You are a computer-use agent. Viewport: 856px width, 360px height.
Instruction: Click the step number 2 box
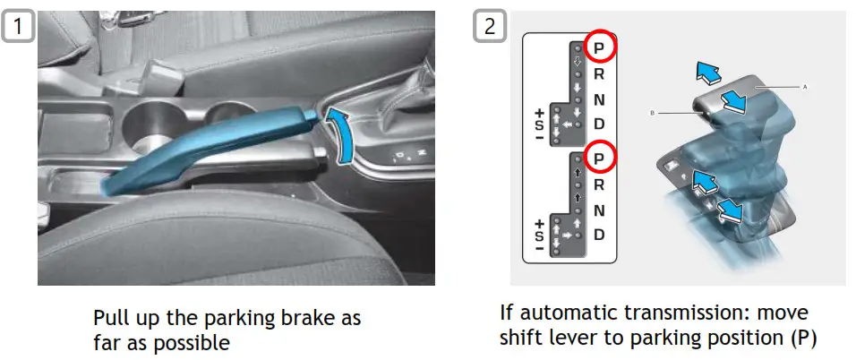(x=489, y=26)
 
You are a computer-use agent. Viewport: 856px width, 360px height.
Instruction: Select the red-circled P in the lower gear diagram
(x=600, y=159)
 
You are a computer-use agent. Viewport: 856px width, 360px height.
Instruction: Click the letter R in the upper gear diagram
(x=600, y=75)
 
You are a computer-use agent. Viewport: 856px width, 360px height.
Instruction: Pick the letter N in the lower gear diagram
(x=600, y=210)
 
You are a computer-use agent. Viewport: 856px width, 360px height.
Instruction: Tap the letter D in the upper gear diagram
(x=600, y=124)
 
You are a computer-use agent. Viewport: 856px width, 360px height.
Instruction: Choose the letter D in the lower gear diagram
(x=600, y=235)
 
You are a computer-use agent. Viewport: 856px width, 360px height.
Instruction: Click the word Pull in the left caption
(x=109, y=318)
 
